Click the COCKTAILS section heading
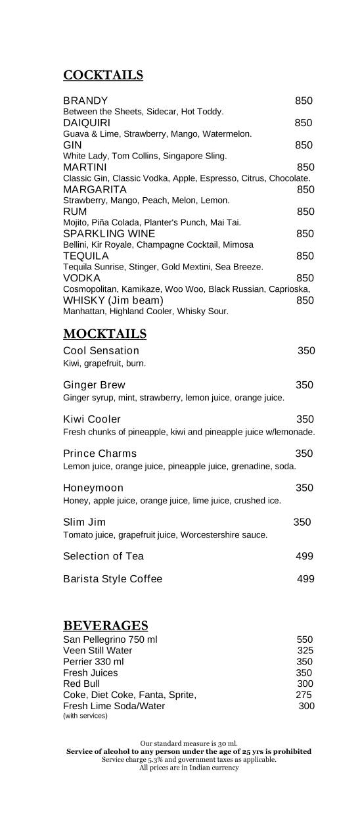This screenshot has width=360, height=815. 102,76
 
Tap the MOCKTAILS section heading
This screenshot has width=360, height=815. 104,334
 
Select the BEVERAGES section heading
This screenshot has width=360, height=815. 105,625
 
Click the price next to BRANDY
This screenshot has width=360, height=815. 304,101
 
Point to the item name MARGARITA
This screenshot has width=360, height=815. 95,189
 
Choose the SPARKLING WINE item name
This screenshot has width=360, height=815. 109,234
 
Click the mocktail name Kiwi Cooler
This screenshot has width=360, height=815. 92,419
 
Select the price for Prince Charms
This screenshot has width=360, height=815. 304,454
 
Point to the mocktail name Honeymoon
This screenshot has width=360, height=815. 93,488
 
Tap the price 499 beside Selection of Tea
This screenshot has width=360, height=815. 304,556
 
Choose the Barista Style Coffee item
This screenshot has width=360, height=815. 112,579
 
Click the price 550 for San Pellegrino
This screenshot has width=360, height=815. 304,640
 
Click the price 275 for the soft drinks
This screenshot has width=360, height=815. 304,695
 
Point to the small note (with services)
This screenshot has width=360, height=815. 85,716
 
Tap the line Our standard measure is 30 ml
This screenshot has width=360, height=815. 189,743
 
